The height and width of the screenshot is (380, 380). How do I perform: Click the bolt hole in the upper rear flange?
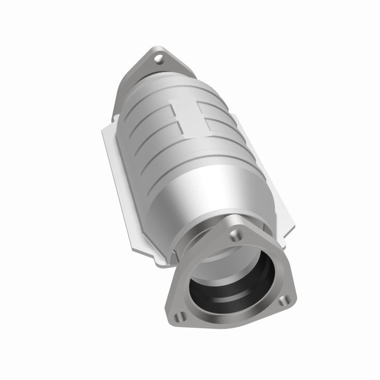click(160, 60)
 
